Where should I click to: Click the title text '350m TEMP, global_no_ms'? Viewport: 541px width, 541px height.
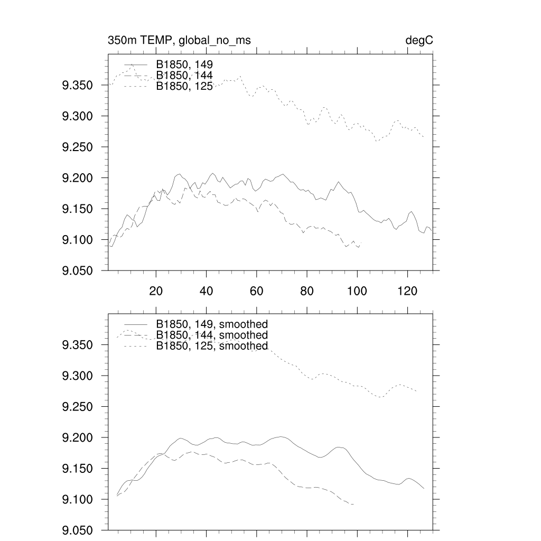click(179, 41)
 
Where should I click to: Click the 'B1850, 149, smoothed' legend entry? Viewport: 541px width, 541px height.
click(212, 324)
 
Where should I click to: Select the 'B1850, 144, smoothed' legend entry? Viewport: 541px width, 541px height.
click(212, 335)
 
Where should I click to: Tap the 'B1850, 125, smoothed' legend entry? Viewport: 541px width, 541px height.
click(212, 346)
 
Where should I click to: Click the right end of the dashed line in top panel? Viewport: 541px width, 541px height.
click(361, 243)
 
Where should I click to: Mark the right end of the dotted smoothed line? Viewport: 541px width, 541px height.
click(417, 391)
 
